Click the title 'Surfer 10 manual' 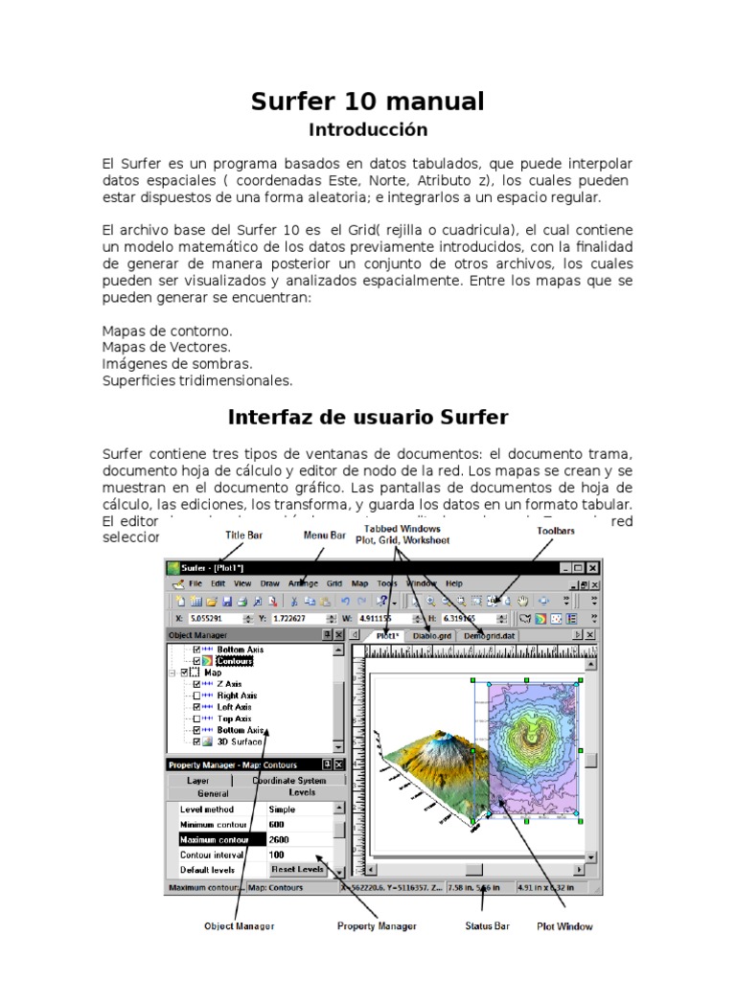(x=367, y=101)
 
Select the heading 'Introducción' (x=368, y=129)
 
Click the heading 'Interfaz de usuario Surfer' (x=368, y=418)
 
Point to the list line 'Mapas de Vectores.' (x=166, y=347)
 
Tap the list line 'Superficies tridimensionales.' (x=196, y=380)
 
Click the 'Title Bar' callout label (x=243, y=536)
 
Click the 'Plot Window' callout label (x=565, y=926)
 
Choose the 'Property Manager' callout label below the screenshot (x=377, y=926)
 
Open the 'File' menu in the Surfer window (x=195, y=583)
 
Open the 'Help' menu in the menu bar (x=454, y=583)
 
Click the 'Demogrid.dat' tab (x=490, y=635)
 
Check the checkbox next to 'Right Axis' (x=197, y=696)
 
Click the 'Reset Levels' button (x=297, y=869)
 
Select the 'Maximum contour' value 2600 (x=279, y=839)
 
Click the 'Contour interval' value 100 (x=277, y=855)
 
